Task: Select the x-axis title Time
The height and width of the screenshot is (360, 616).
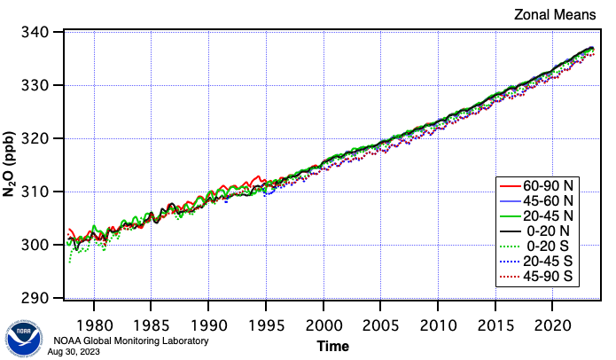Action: pos(333,346)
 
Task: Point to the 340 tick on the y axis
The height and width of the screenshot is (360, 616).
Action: pos(43,33)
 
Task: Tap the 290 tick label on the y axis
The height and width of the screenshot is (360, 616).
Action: pos(43,298)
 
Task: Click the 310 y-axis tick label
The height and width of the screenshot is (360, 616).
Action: pos(43,192)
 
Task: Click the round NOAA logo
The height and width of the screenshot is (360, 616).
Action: pos(25,336)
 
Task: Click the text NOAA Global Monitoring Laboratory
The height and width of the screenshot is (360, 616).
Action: pos(130,341)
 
